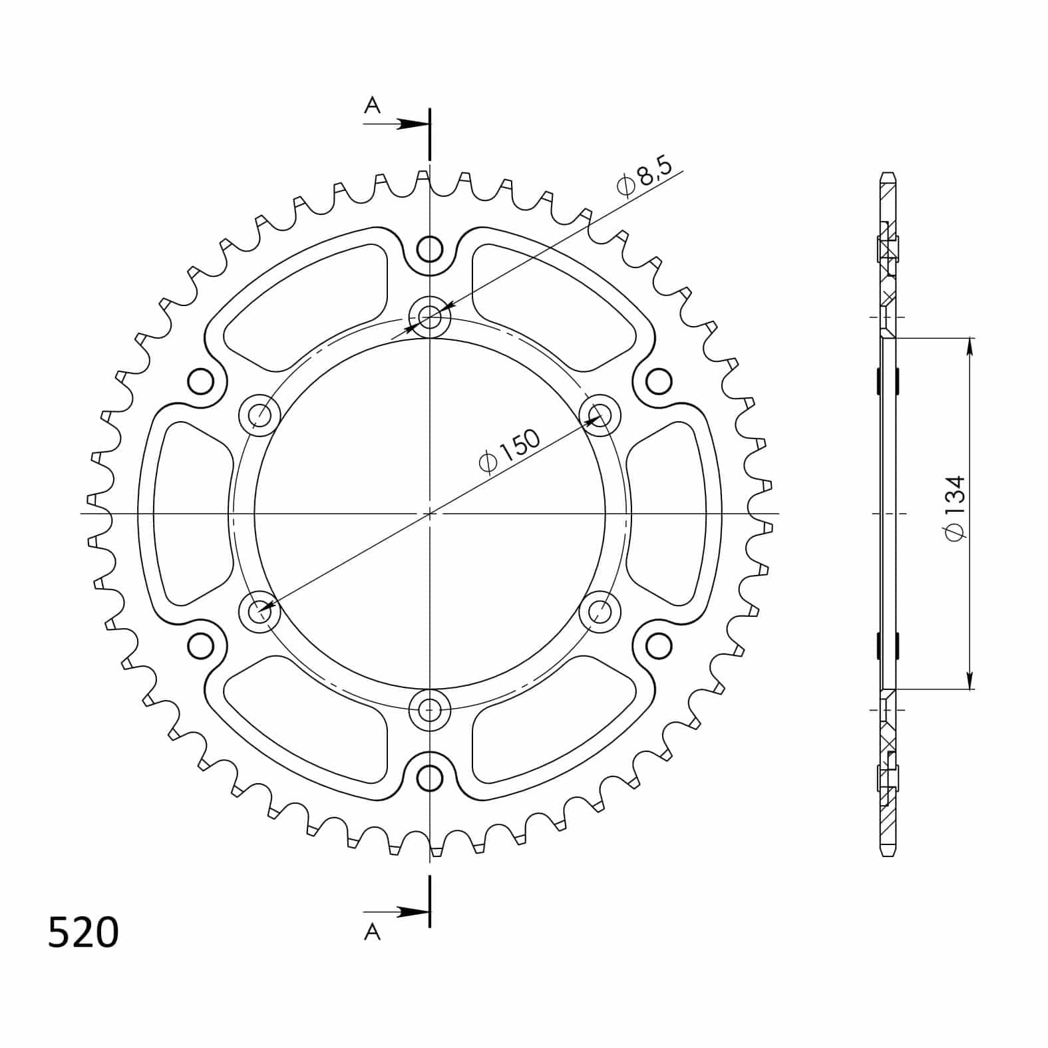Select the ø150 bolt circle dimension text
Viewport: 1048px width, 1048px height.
coord(510,450)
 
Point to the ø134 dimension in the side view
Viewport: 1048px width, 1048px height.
coord(956,508)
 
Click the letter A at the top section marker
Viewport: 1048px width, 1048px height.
coord(373,104)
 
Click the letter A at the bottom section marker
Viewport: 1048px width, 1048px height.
coord(373,933)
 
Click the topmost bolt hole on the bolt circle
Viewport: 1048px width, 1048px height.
coord(430,316)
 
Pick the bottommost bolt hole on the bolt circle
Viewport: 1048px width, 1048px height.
coord(430,710)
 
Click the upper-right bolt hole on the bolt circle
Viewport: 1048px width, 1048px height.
coord(600,415)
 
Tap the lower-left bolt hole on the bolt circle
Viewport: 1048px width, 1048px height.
coord(260,610)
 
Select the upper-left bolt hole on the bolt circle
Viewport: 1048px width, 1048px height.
coord(260,415)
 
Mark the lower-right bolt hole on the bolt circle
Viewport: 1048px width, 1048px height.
coord(600,610)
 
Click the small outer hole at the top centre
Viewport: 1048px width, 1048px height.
coord(430,250)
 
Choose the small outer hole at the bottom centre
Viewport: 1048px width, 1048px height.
coord(430,777)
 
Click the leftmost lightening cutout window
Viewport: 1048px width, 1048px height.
coord(190,514)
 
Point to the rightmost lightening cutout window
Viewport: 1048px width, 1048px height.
coord(667,514)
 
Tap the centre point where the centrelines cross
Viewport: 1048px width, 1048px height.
coord(430,514)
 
